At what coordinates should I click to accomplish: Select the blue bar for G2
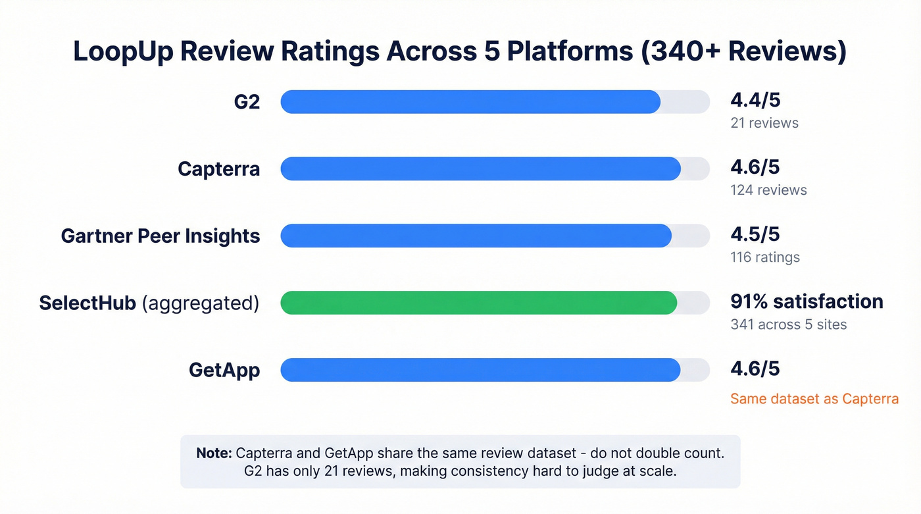[x=470, y=102]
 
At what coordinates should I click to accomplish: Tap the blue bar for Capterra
[x=480, y=169]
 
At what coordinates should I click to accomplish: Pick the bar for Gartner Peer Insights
[x=476, y=236]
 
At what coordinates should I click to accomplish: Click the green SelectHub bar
[x=478, y=303]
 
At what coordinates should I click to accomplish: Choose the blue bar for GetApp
[x=480, y=370]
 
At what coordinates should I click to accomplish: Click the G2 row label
[x=247, y=102]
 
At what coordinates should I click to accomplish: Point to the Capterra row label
[x=218, y=169]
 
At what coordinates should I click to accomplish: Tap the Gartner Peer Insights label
[x=161, y=236]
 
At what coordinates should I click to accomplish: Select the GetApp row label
[x=224, y=370]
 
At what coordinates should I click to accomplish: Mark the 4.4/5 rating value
[x=755, y=100]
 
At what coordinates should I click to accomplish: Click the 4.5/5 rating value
[x=755, y=234]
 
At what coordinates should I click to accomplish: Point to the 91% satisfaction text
[x=807, y=301]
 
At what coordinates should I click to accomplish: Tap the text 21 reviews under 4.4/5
[x=764, y=123]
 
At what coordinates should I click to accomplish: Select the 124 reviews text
[x=768, y=190]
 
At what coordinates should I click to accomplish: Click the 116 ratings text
[x=765, y=257]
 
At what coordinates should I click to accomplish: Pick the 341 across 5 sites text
[x=789, y=324]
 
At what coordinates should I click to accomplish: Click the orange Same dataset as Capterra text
[x=814, y=399]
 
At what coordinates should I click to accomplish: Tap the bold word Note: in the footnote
[x=214, y=453]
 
